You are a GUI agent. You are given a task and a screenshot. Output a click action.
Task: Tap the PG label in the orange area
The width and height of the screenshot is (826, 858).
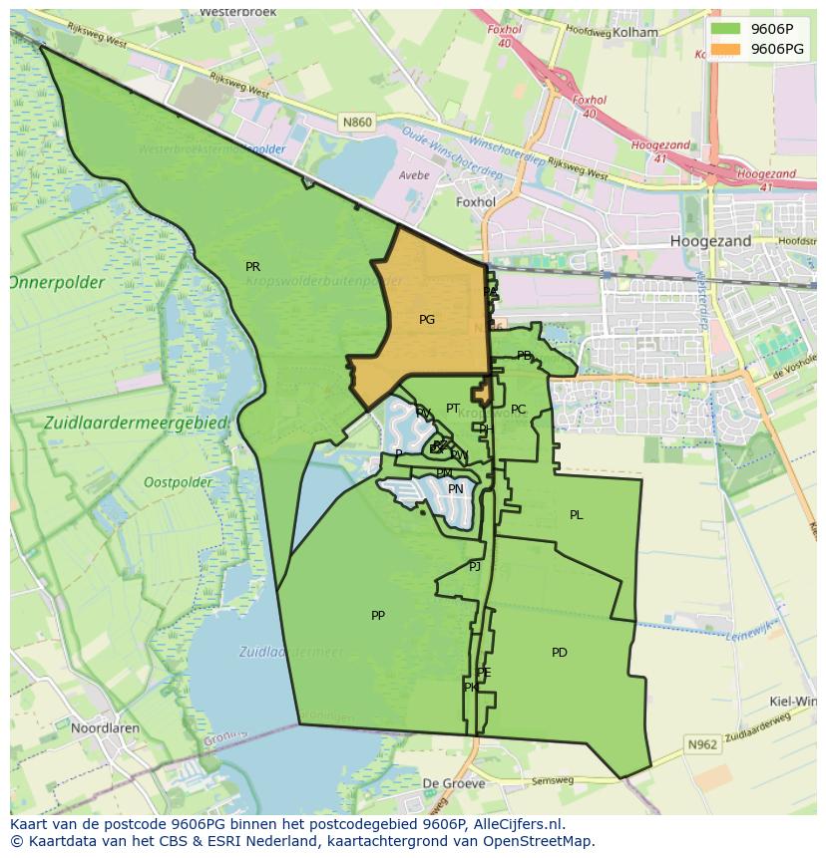427,320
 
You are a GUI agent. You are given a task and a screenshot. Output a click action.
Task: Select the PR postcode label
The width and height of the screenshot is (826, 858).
252,267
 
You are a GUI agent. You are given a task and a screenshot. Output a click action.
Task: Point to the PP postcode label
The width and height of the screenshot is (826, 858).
378,616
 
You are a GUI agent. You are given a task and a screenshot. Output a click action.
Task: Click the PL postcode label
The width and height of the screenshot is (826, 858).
576,515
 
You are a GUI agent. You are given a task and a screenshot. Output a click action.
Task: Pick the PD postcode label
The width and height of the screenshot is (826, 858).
560,653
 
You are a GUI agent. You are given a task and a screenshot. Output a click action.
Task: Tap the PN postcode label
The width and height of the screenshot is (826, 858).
456,489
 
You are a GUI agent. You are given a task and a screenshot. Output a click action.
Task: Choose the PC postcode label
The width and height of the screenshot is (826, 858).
518,410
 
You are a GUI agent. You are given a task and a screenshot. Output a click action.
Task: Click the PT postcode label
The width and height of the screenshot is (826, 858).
453,409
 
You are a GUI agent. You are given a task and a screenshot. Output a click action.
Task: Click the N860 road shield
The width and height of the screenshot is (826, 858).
356,123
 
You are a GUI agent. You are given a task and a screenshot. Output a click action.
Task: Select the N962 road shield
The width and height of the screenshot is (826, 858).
702,744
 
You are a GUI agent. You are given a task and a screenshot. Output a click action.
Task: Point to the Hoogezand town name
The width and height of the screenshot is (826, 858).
711,241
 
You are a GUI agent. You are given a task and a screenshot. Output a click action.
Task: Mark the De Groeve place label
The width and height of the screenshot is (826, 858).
454,783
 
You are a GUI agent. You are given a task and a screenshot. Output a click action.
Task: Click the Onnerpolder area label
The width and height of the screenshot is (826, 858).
57,283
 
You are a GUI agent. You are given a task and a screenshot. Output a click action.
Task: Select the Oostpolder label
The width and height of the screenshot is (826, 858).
178,482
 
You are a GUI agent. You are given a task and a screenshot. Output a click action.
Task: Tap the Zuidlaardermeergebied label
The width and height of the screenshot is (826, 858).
136,423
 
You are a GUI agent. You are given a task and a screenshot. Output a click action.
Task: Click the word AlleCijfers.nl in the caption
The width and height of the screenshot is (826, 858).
518,824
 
